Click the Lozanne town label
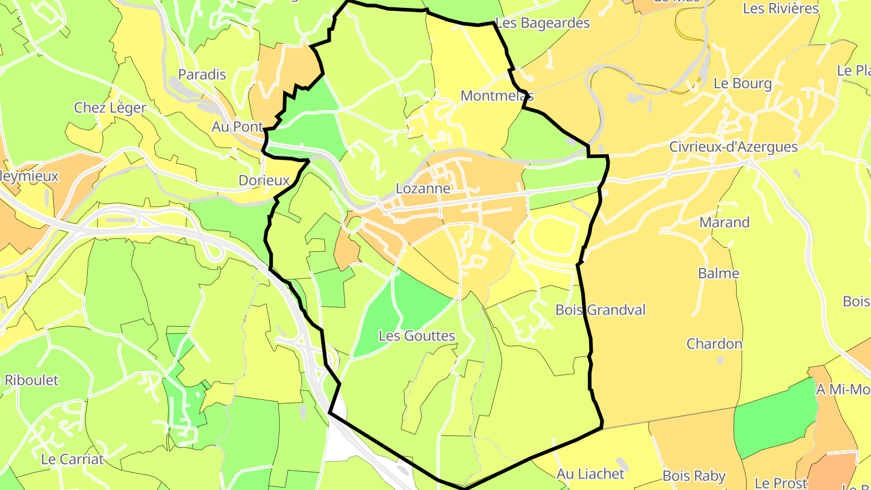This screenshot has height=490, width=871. click(423, 189)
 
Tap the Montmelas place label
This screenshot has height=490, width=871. click(497, 96)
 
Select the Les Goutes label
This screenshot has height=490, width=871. click(417, 335)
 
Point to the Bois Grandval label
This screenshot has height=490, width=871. click(600, 310)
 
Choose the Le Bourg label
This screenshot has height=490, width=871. click(742, 83)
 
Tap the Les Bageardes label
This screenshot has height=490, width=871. click(542, 24)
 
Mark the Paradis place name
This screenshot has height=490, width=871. click(201, 75)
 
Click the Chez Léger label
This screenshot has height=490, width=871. click(109, 108)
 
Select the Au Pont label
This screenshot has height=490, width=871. click(237, 127)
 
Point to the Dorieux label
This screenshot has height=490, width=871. click(264, 180)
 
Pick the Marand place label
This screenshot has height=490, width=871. click(724, 222)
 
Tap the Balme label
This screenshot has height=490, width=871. click(719, 273)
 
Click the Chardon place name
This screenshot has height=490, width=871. click(714, 344)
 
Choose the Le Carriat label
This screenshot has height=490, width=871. click(72, 459)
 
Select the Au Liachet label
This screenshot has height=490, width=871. click(590, 474)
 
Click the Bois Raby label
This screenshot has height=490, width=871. click(694, 475)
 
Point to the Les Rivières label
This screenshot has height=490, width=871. click(780, 8)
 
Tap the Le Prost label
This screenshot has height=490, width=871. click(781, 483)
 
